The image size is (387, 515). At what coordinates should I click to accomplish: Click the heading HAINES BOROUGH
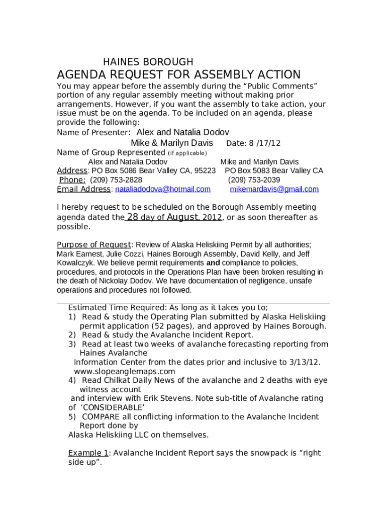[x=148, y=62]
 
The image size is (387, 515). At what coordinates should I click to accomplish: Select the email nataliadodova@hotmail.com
[x=163, y=189]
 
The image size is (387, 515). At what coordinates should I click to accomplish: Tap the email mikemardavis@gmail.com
[x=274, y=189]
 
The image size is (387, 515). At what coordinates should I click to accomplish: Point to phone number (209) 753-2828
[x=116, y=180]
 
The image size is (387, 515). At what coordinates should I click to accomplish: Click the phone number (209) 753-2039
[x=254, y=180]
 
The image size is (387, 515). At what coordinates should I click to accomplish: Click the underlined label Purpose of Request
[x=94, y=245]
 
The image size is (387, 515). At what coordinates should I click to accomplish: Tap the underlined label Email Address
[x=83, y=189]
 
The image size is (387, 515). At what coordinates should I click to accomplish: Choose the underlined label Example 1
[x=88, y=453]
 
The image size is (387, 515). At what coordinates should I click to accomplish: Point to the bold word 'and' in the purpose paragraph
[x=213, y=263]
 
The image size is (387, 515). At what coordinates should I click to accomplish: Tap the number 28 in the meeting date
[x=132, y=217]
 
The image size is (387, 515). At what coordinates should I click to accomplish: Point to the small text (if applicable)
[x=187, y=153]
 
